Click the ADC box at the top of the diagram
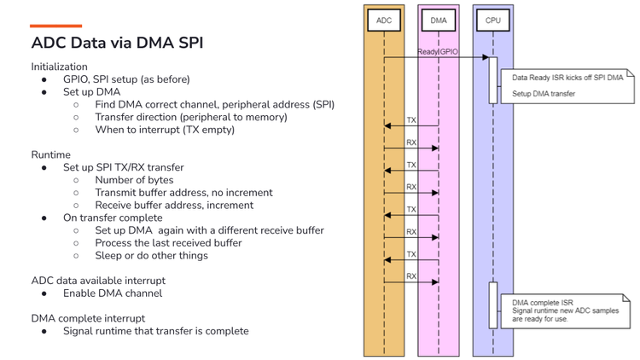tap(384, 19)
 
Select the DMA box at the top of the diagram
tap(438, 19)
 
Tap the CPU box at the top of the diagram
tap(493, 19)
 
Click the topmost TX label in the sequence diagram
tap(411, 120)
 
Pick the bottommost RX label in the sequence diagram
tap(411, 276)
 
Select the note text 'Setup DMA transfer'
tap(544, 93)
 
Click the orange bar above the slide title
tap(56, 26)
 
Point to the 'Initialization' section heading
tap(59, 67)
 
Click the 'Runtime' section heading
tap(51, 154)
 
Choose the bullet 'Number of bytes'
tap(134, 180)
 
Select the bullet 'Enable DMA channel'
tap(112, 293)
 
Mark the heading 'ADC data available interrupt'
tap(97, 281)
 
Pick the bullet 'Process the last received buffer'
tap(168, 242)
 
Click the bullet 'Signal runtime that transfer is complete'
tap(156, 331)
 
